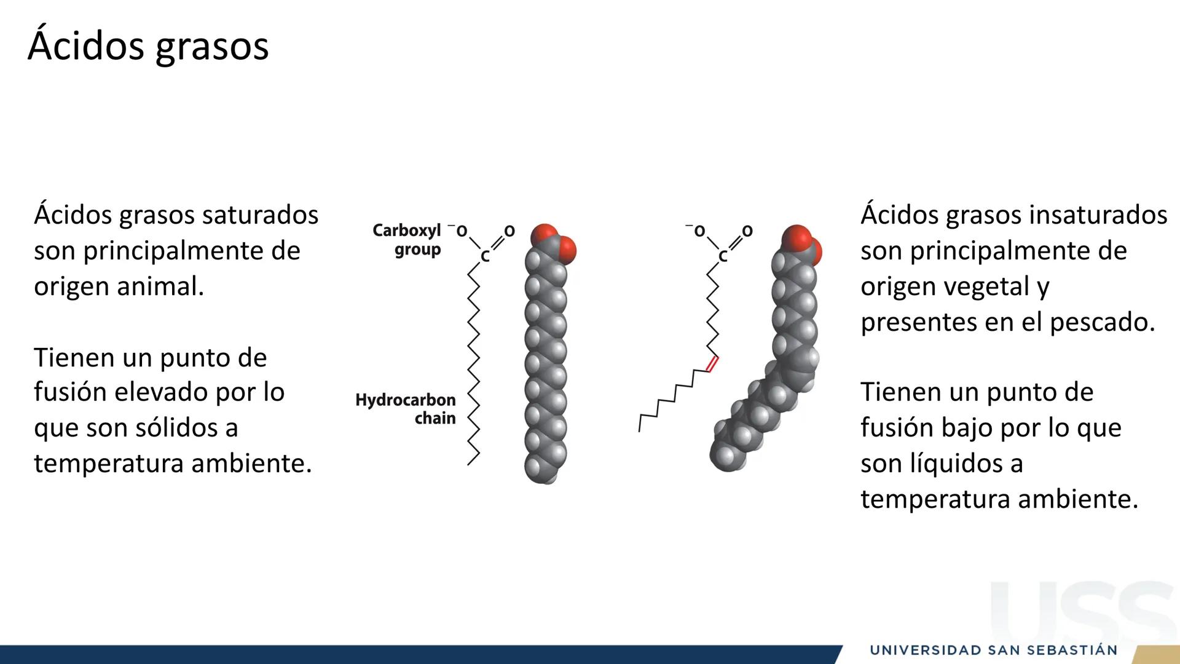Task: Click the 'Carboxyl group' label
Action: click(x=407, y=240)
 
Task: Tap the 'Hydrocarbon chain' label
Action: click(x=406, y=409)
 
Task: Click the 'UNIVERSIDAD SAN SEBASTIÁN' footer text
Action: click(x=994, y=650)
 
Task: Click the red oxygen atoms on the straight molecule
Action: click(x=554, y=242)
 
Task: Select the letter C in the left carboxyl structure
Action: click(x=485, y=257)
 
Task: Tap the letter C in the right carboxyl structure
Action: click(x=723, y=257)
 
